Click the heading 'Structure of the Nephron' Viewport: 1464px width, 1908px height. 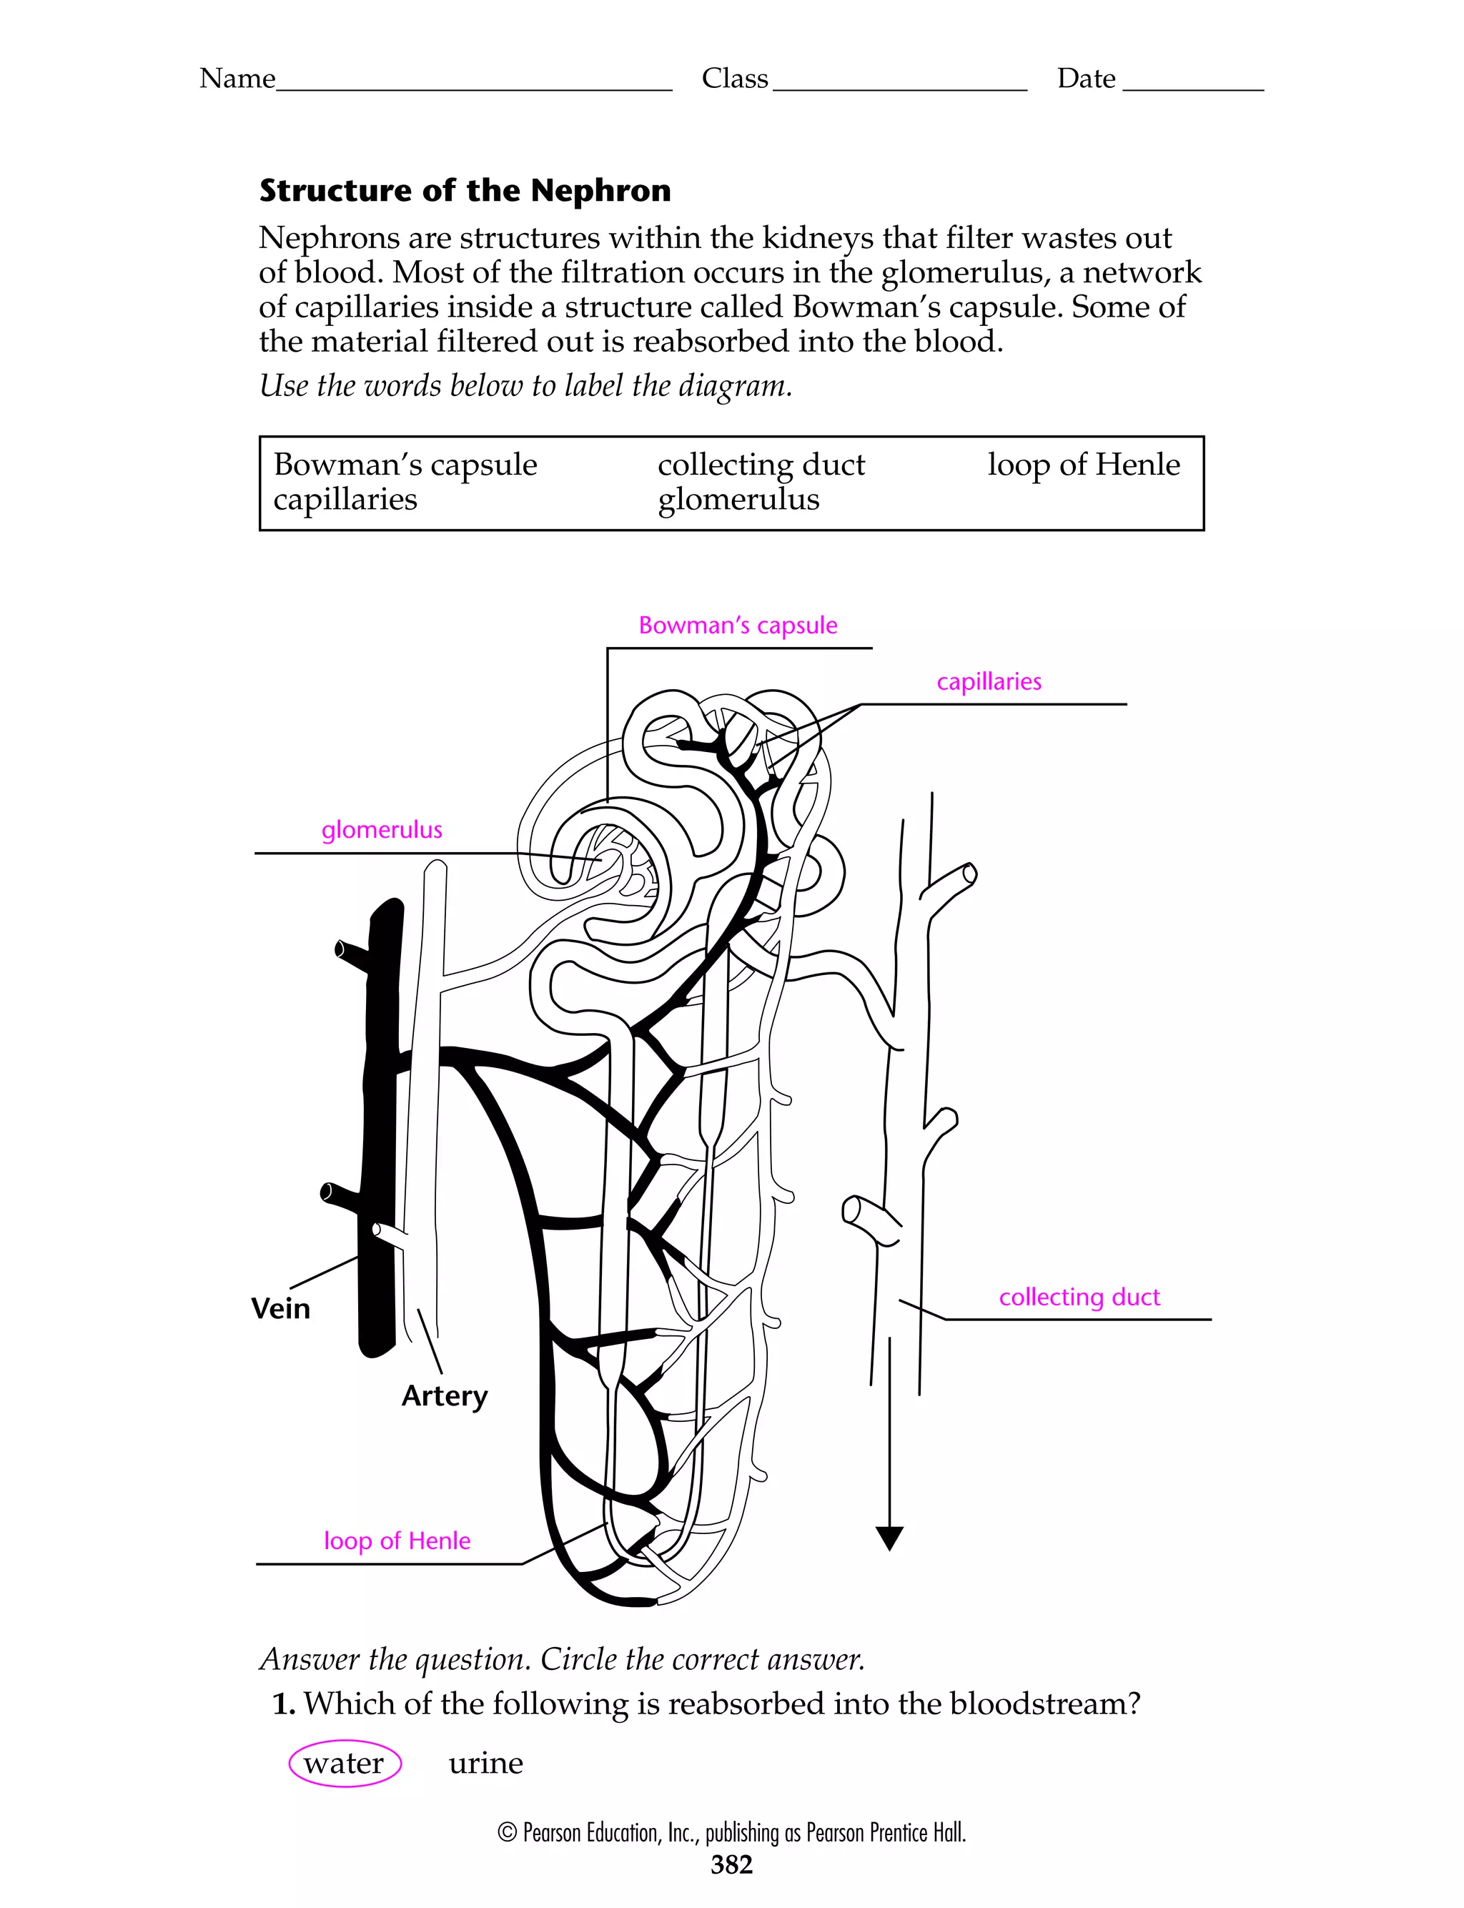point(465,191)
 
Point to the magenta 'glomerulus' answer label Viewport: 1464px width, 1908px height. point(382,829)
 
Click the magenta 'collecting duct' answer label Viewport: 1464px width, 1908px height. point(1079,1297)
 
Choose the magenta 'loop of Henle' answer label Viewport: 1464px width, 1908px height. point(397,1541)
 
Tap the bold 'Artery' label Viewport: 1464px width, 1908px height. point(445,1395)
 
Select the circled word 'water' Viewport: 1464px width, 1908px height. point(345,1764)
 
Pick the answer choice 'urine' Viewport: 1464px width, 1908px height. point(485,1764)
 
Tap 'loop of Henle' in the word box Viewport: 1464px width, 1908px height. point(1083,465)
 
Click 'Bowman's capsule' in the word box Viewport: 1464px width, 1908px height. point(405,465)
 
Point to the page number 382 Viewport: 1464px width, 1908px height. point(731,1864)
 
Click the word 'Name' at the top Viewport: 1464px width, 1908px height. point(237,79)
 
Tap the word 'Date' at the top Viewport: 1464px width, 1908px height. point(1086,79)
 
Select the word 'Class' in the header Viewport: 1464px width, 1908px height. point(735,79)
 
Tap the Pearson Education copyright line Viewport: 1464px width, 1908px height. point(731,1832)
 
